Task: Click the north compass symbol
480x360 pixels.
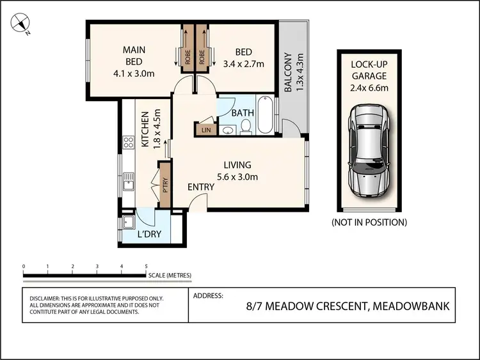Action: (21, 24)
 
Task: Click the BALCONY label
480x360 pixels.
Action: (288, 72)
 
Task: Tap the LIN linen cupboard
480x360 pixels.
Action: (205, 130)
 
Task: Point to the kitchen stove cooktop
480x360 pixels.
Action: (127, 142)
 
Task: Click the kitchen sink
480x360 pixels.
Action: (129, 185)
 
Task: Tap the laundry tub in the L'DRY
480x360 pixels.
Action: (129, 223)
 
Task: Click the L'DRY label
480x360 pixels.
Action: (150, 235)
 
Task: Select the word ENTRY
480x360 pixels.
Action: (201, 187)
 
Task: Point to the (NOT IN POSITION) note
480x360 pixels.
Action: (369, 223)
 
